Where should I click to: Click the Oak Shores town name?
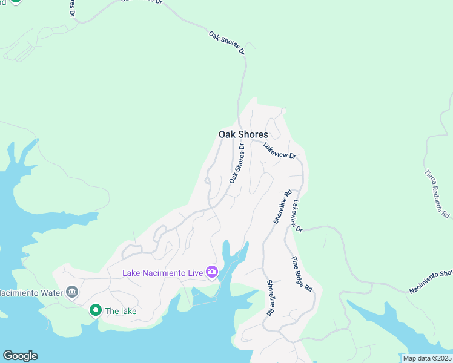243,134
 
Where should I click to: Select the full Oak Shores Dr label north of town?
227,44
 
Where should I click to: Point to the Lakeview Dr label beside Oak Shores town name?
279,151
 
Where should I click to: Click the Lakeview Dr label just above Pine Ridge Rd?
297,215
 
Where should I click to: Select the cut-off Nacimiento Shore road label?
431,281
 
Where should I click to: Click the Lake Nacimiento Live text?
162,273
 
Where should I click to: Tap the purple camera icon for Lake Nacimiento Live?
212,272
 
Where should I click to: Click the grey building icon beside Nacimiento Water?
72,293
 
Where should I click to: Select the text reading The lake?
121,312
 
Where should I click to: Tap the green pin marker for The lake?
95,310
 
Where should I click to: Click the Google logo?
20,356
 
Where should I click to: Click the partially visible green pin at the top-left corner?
15,1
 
